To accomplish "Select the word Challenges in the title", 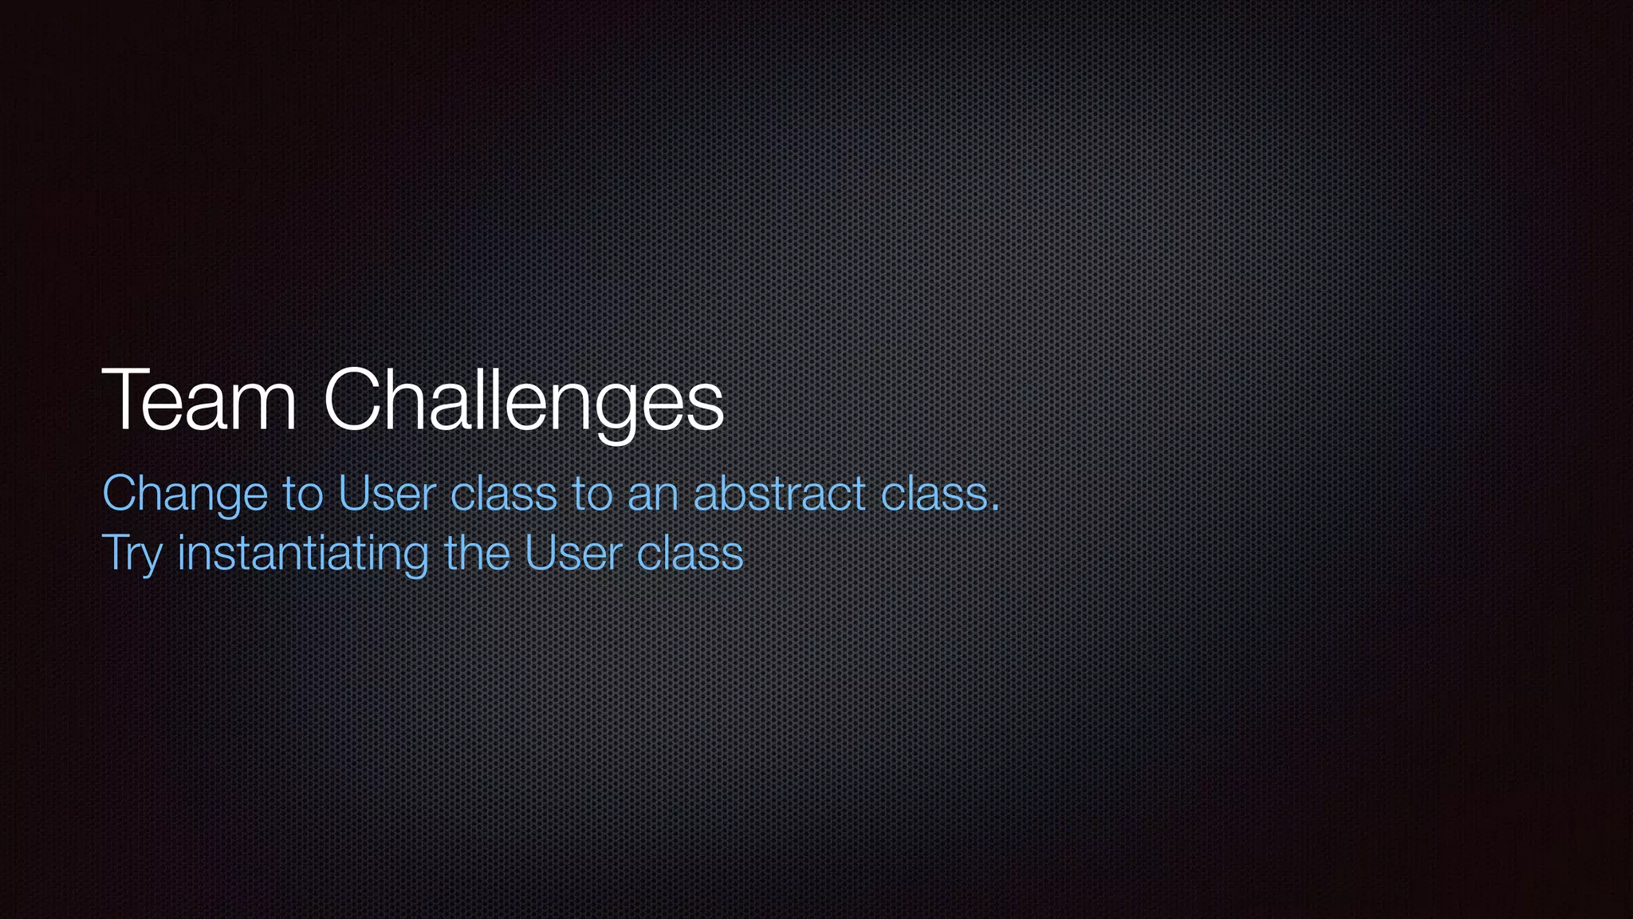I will (x=523, y=401).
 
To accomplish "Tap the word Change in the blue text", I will (x=185, y=495).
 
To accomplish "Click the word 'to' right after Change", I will (x=303, y=494).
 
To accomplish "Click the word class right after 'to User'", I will (x=503, y=494).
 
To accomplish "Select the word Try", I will (x=132, y=554).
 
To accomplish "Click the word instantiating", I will (x=303, y=554).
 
